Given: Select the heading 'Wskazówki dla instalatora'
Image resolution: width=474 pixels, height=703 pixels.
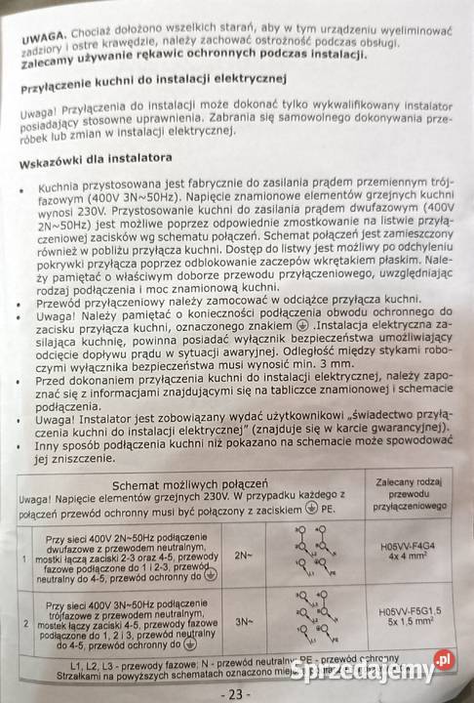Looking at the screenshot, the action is click(x=98, y=156).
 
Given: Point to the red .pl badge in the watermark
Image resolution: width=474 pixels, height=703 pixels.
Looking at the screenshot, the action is click(x=445, y=660).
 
